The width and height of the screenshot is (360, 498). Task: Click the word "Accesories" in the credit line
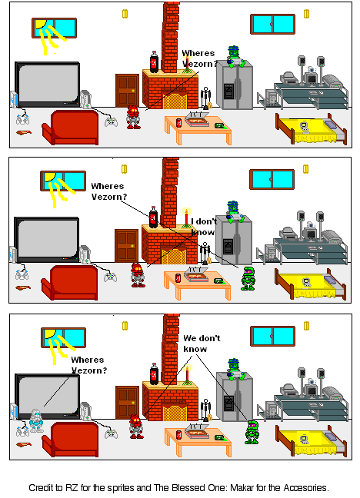301,487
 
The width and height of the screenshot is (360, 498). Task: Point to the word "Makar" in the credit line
238,487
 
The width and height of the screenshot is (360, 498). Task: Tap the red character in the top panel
133,117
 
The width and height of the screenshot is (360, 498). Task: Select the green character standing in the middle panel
248,277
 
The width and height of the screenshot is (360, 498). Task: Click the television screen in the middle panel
47,240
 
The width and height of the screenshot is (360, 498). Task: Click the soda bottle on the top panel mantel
154,61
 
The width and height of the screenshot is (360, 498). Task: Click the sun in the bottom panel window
50,335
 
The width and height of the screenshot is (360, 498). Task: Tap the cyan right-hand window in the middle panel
272,179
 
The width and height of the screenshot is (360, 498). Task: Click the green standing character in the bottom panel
250,433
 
